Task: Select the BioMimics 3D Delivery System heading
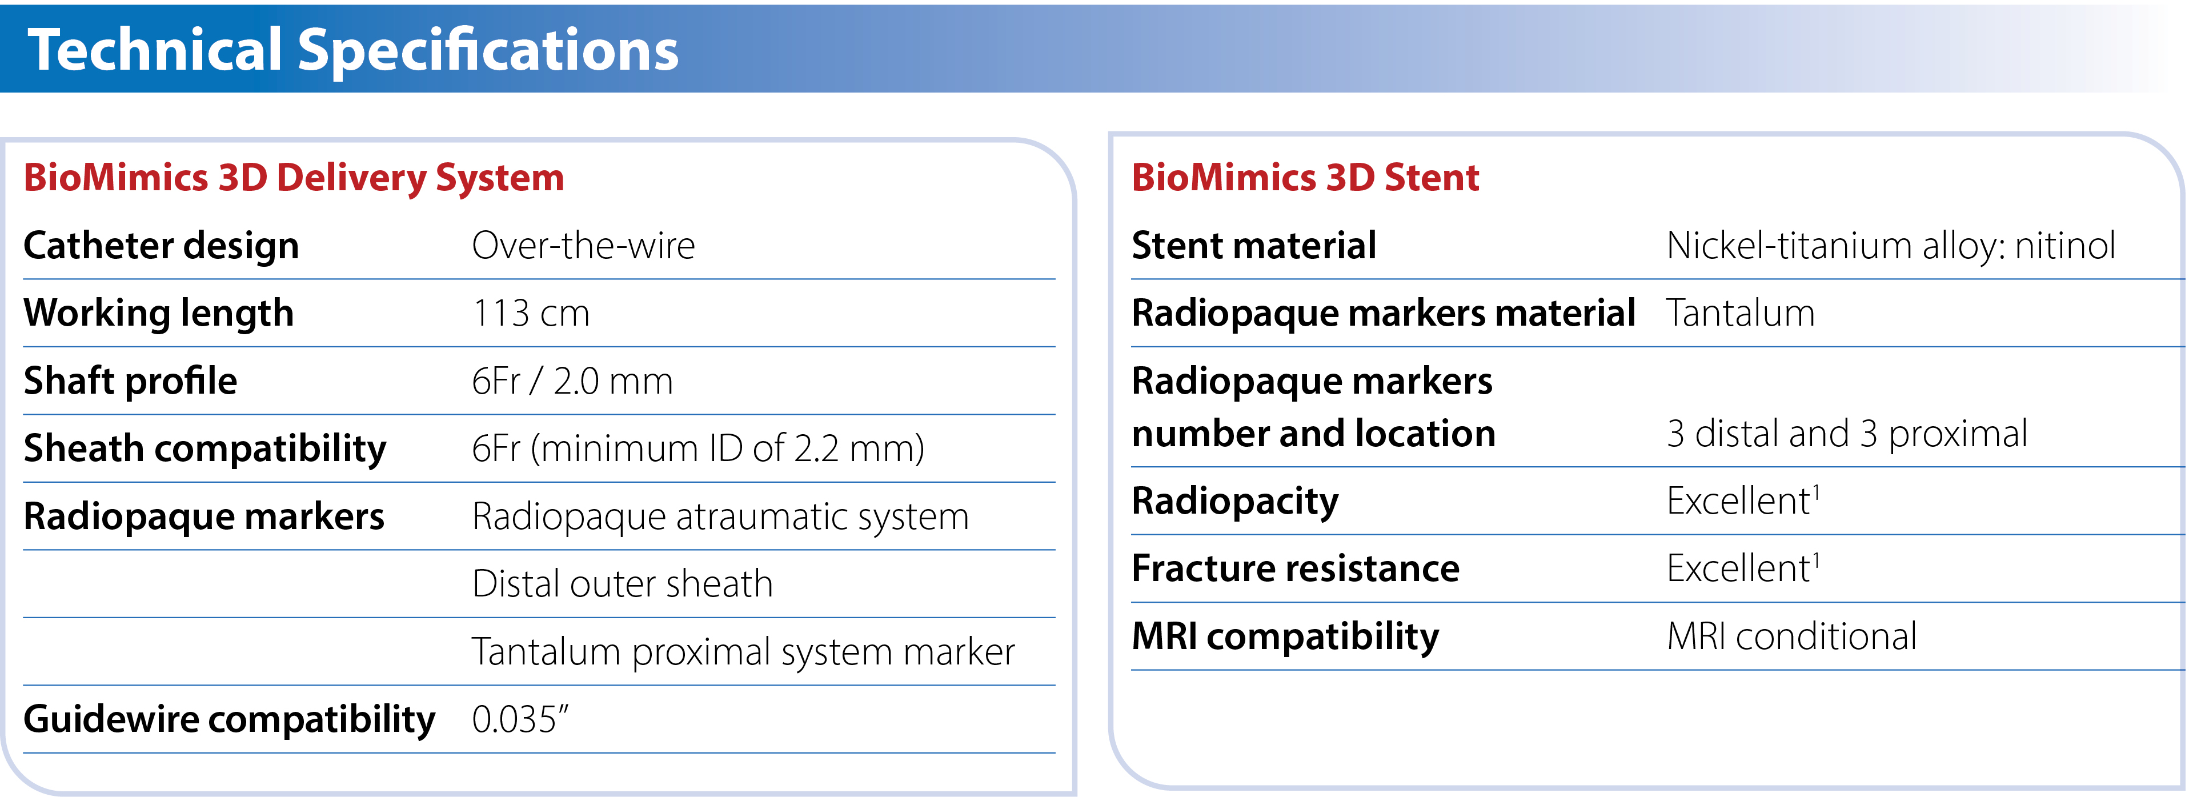(294, 178)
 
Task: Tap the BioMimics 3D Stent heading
(1305, 178)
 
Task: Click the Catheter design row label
(162, 246)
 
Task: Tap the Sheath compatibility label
(205, 448)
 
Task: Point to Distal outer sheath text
(623, 584)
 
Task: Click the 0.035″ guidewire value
(520, 720)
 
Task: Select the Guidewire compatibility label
(230, 720)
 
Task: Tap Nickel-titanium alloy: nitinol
(1891, 246)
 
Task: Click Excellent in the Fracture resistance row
(1743, 567)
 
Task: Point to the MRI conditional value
(1792, 636)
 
